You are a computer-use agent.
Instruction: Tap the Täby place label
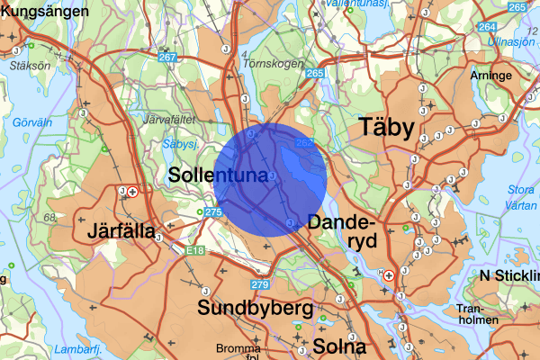point(387,127)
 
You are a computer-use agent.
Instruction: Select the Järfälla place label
point(123,230)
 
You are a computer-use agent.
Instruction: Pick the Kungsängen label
point(45,13)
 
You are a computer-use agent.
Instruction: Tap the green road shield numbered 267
point(166,58)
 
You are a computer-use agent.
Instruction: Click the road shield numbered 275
point(212,212)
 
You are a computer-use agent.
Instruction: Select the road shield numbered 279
point(260,285)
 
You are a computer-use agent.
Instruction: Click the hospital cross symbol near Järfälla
point(133,192)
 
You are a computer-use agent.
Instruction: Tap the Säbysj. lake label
point(180,144)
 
